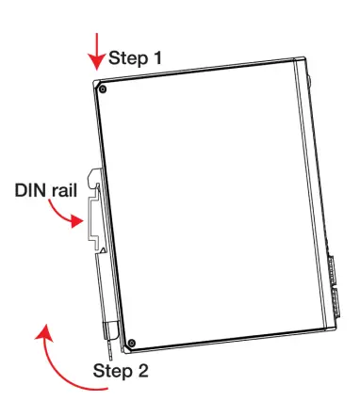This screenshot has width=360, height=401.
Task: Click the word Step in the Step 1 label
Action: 127,57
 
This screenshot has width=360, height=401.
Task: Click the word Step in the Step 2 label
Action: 111,370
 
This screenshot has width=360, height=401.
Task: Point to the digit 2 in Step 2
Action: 142,370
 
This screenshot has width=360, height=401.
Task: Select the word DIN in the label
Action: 31,190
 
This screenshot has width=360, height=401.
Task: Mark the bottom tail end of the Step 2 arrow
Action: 112,392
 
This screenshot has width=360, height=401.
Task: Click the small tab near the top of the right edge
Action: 310,81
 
